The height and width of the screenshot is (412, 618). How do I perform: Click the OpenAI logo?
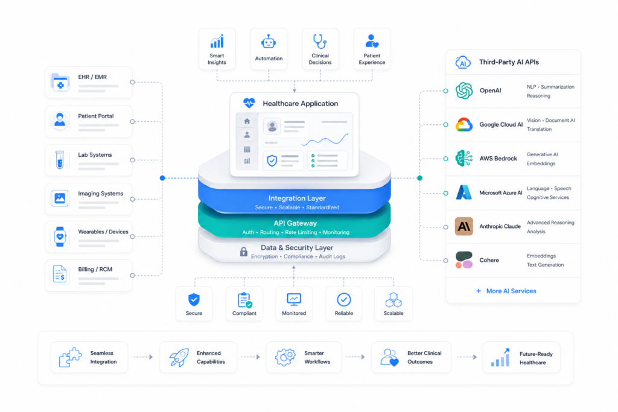(464, 90)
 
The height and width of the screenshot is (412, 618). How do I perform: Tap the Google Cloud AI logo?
(464, 125)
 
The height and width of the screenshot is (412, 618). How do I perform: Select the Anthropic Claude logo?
(464, 226)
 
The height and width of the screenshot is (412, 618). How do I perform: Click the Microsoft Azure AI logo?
(464, 192)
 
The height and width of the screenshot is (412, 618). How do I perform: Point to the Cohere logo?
(464, 261)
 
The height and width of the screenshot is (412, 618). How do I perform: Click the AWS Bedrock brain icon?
(464, 158)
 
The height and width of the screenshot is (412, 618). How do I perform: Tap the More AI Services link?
(506, 291)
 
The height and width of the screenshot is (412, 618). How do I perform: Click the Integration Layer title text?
(297, 198)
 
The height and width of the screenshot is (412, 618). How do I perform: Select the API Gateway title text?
(295, 223)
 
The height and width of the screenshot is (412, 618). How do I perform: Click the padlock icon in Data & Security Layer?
(244, 252)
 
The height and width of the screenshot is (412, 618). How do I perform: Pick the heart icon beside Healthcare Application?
(249, 103)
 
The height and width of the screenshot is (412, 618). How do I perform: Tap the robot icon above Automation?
(269, 42)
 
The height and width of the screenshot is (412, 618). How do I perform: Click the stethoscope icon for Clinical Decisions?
(320, 42)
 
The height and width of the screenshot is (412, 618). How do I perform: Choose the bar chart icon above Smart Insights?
(217, 42)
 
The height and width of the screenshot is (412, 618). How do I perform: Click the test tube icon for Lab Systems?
(60, 160)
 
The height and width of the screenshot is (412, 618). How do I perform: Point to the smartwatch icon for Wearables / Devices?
(60, 236)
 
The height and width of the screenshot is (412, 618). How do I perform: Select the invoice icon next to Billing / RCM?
(60, 274)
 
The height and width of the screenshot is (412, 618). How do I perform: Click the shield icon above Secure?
(194, 300)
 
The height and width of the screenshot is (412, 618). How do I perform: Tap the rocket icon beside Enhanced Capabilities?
(179, 357)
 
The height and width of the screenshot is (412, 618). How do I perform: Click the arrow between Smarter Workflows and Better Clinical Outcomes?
(355, 357)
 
